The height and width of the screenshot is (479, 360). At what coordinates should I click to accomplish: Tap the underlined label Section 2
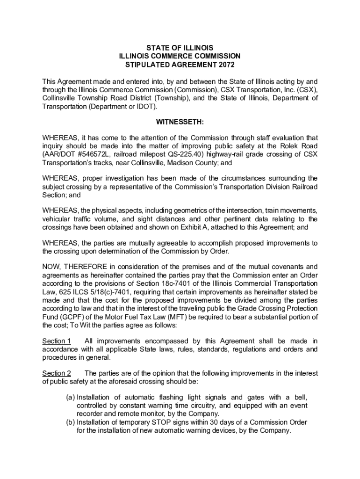tap(57, 373)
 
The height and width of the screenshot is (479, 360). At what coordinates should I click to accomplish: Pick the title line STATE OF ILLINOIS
tap(180, 48)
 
